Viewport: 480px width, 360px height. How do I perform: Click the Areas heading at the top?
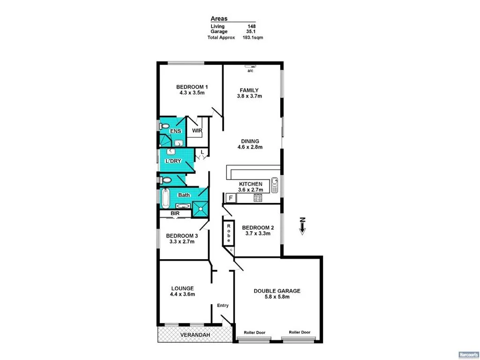[219, 18]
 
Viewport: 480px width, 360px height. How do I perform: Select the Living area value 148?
[251, 26]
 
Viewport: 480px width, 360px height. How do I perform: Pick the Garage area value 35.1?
[251, 32]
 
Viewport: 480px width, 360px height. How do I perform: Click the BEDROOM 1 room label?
[192, 87]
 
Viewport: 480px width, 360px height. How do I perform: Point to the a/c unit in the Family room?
[251, 67]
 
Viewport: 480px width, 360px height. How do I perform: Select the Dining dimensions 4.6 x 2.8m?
[249, 147]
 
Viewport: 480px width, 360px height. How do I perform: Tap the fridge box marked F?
[230, 198]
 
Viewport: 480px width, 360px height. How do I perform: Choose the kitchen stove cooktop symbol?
[258, 198]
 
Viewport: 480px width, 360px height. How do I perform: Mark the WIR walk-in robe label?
[196, 131]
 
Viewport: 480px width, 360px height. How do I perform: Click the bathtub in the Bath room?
[165, 198]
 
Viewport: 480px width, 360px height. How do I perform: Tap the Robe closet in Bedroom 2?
[229, 233]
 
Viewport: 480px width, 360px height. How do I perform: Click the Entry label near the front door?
[223, 306]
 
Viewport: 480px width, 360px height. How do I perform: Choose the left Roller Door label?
[255, 332]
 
